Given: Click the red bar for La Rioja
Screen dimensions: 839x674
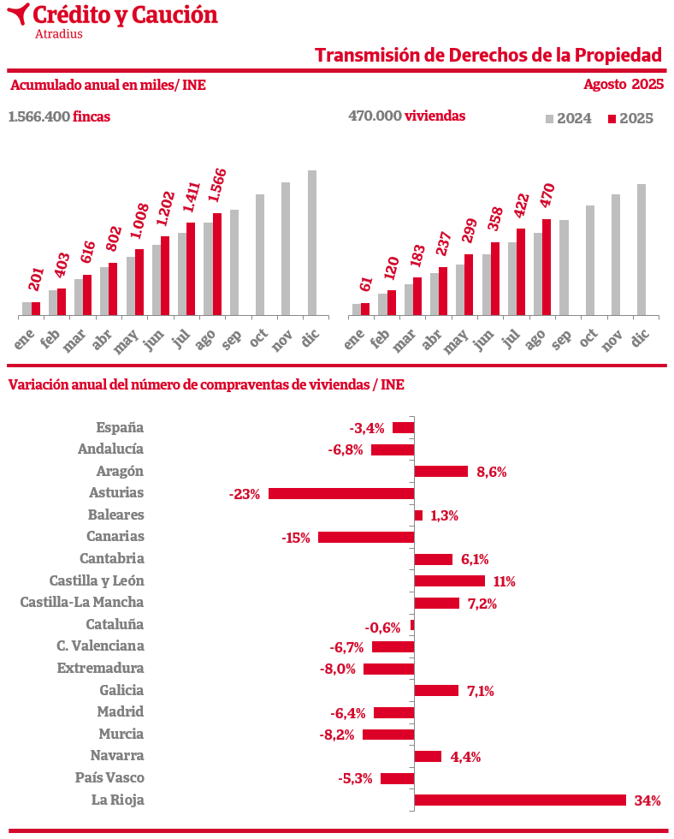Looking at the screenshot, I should [x=520, y=800].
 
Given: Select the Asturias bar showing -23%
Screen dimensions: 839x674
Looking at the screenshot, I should [x=341, y=493].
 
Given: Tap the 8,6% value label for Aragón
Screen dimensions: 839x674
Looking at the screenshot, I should [x=492, y=472].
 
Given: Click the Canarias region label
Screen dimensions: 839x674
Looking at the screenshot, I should [x=115, y=537].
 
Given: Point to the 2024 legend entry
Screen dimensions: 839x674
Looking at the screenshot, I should [x=568, y=119].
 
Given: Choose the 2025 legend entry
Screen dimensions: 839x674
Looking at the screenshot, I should [x=630, y=119].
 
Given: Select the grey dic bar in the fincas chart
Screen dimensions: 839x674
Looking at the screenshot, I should [x=312, y=243].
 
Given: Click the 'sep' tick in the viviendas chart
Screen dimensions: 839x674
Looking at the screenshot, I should [x=561, y=340].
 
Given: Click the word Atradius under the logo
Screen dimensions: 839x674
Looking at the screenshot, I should [x=59, y=34].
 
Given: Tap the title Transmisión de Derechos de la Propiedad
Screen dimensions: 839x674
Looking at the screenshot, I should [x=488, y=56].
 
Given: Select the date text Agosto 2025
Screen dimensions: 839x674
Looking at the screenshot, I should [x=624, y=84].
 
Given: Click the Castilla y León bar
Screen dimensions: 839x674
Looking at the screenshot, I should [x=449, y=581].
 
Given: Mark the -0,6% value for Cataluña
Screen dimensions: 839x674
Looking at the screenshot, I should [x=382, y=628].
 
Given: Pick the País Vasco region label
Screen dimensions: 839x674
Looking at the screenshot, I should [x=109, y=778].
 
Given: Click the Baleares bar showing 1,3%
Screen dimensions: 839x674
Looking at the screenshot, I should [x=418, y=515].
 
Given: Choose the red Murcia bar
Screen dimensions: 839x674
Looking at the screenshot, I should [x=388, y=735].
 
